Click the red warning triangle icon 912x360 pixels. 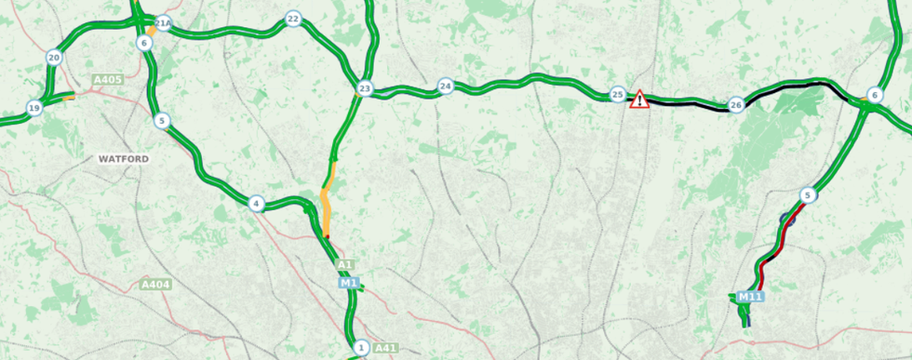pyautogui.click(x=639, y=99)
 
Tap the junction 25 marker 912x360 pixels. pyautogui.click(x=617, y=95)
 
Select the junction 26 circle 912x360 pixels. pyautogui.click(x=736, y=105)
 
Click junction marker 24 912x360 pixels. pyautogui.click(x=446, y=87)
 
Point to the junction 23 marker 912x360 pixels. pyautogui.click(x=364, y=89)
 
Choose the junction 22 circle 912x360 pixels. pyautogui.click(x=293, y=19)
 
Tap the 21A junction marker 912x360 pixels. pyautogui.click(x=164, y=23)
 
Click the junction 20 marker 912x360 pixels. pyautogui.click(x=54, y=58)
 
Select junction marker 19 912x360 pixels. pyautogui.click(x=34, y=107)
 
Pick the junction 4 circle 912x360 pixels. pyautogui.click(x=257, y=204)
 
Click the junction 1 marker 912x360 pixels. pyautogui.click(x=361, y=348)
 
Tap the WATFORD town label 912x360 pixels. pyautogui.click(x=124, y=159)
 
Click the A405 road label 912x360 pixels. pyautogui.click(x=108, y=81)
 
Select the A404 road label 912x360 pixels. pyautogui.click(x=155, y=284)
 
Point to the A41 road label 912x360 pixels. pyautogui.click(x=385, y=348)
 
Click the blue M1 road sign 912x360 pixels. pyautogui.click(x=349, y=283)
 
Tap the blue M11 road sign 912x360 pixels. pyautogui.click(x=750, y=297)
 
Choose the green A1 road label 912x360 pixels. pyautogui.click(x=344, y=265)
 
